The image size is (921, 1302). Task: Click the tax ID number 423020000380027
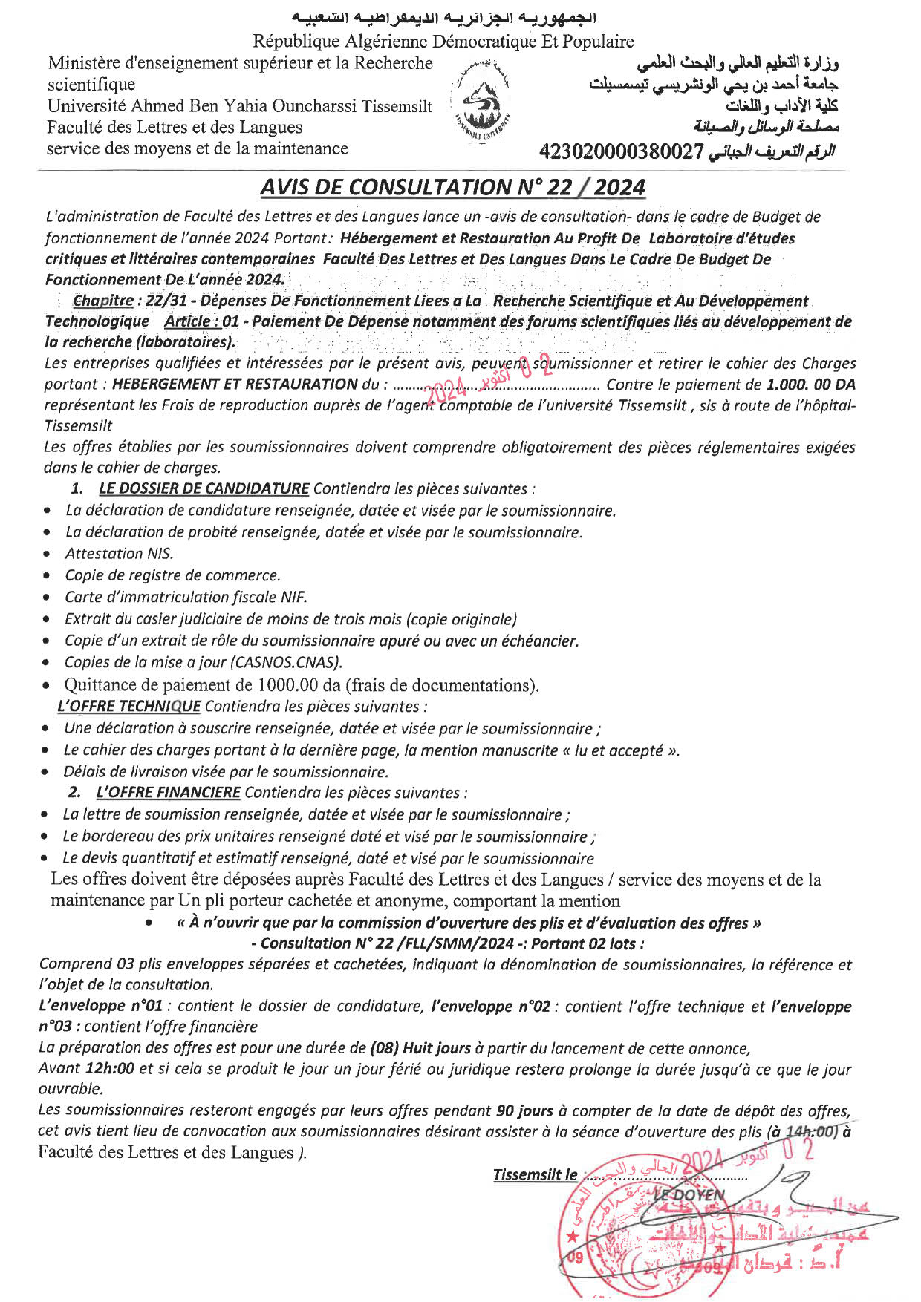(621, 151)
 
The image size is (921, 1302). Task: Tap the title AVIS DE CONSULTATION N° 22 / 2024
(452, 187)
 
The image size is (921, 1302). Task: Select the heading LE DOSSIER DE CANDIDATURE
(204, 488)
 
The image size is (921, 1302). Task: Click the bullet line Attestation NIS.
(119, 554)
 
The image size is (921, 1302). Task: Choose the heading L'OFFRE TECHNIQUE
(128, 706)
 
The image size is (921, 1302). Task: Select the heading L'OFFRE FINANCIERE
(168, 793)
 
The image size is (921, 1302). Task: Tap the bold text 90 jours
(524, 1110)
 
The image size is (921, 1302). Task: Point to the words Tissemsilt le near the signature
(535, 1175)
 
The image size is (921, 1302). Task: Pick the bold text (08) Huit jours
(420, 1048)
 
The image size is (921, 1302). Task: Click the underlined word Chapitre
(102, 301)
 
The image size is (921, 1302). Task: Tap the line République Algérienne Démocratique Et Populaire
(443, 42)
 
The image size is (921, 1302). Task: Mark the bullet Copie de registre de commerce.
(172, 575)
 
